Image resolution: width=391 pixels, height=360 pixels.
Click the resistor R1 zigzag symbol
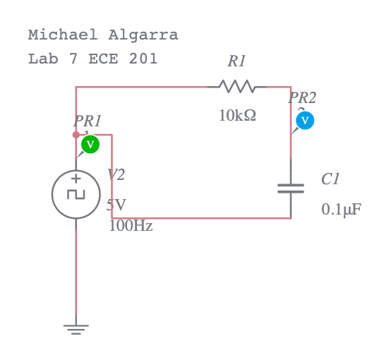(x=236, y=87)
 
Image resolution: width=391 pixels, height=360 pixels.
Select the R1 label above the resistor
(x=236, y=62)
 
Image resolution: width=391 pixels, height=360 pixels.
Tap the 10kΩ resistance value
(x=237, y=116)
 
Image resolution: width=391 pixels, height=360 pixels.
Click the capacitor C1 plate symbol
(x=291, y=188)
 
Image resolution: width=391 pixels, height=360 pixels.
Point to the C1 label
(x=330, y=179)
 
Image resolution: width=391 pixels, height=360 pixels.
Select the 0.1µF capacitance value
(x=341, y=210)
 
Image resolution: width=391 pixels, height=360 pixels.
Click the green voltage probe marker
(x=90, y=144)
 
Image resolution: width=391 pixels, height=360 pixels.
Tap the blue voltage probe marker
(x=305, y=121)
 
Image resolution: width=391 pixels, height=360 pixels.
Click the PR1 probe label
(x=88, y=121)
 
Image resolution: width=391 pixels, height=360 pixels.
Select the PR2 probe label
(x=302, y=98)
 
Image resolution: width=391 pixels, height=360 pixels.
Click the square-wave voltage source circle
(x=76, y=194)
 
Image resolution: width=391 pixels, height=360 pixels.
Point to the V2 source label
(x=116, y=175)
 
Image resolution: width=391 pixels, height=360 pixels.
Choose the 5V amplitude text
(x=116, y=205)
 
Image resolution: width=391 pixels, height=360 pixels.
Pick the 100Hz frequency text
(x=131, y=227)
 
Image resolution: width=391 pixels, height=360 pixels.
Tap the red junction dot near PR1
(x=76, y=135)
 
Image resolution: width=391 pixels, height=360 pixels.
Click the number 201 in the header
(x=143, y=59)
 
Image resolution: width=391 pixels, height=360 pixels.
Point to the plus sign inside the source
(x=76, y=179)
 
